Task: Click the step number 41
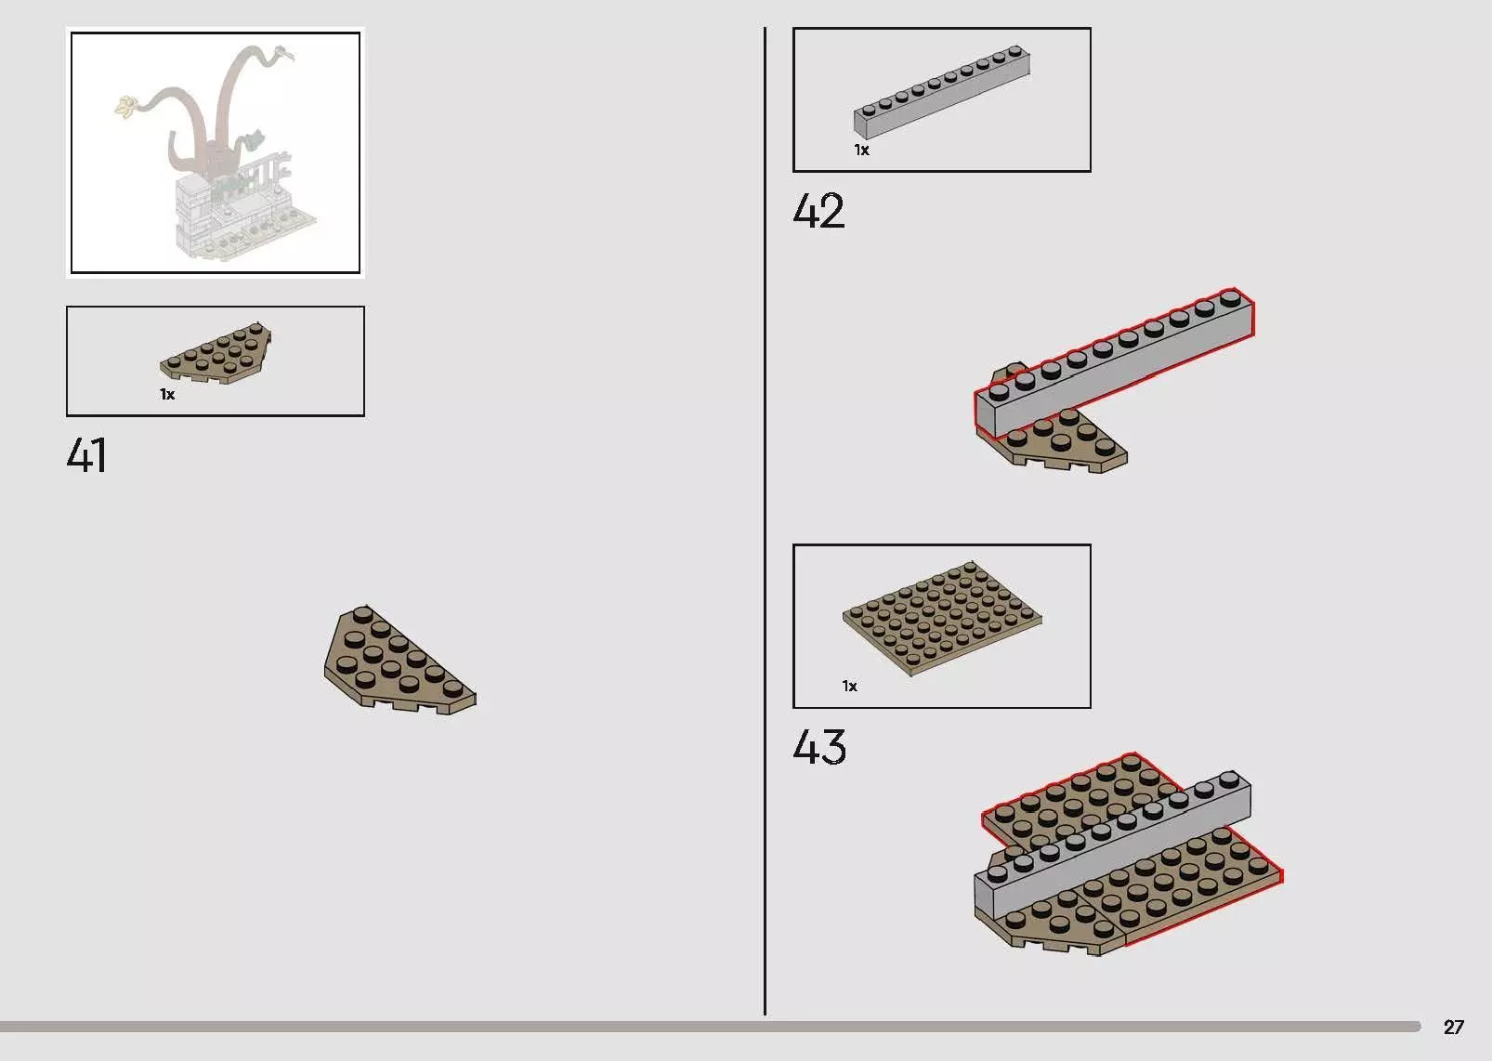pyautogui.click(x=86, y=455)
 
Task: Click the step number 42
pyautogui.click(x=818, y=211)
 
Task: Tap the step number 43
pyautogui.click(x=819, y=747)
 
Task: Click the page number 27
pyautogui.click(x=1453, y=1027)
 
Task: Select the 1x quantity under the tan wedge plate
pyautogui.click(x=167, y=394)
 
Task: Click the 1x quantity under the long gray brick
pyautogui.click(x=862, y=150)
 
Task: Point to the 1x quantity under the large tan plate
pyautogui.click(x=850, y=686)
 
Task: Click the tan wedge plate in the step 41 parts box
pyautogui.click(x=216, y=353)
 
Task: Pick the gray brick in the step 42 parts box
pyautogui.click(x=942, y=92)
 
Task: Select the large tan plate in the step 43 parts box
pyautogui.click(x=942, y=618)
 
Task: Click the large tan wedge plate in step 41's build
pyautogui.click(x=399, y=660)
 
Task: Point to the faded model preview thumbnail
pyautogui.click(x=216, y=152)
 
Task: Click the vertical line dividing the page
pyautogui.click(x=765, y=521)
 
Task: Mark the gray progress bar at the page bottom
pyautogui.click(x=710, y=1027)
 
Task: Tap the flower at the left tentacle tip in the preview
pyautogui.click(x=126, y=107)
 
